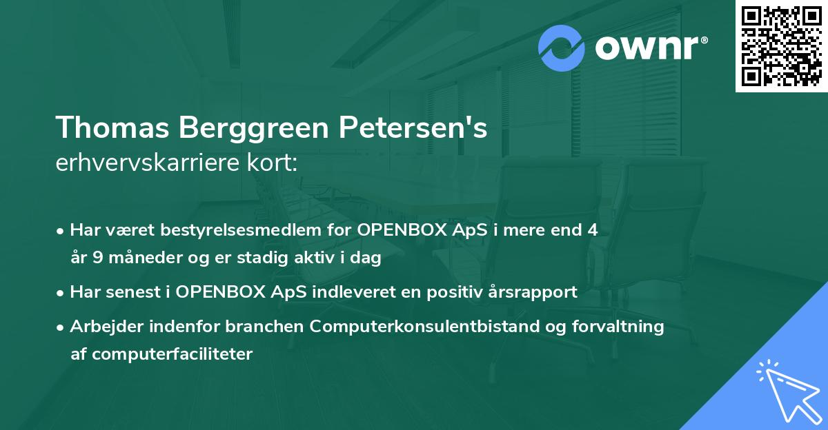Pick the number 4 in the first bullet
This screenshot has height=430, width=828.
point(592,231)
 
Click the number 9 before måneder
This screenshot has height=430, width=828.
point(97,259)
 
